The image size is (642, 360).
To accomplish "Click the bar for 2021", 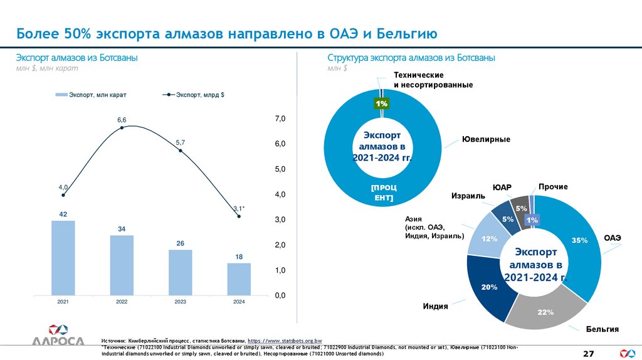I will coord(63,258).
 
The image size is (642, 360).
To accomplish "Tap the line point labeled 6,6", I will coord(122,127).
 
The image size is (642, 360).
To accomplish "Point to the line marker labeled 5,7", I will coord(181,151).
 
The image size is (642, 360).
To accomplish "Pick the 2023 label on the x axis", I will coord(181,302).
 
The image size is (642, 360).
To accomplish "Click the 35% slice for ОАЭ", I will coord(577,245).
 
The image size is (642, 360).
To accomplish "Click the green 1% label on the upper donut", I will coord(381,103).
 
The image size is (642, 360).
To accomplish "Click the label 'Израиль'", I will coord(468,196).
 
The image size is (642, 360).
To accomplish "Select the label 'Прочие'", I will coord(553,187).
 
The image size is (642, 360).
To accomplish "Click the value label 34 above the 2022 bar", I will coord(122,230).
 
